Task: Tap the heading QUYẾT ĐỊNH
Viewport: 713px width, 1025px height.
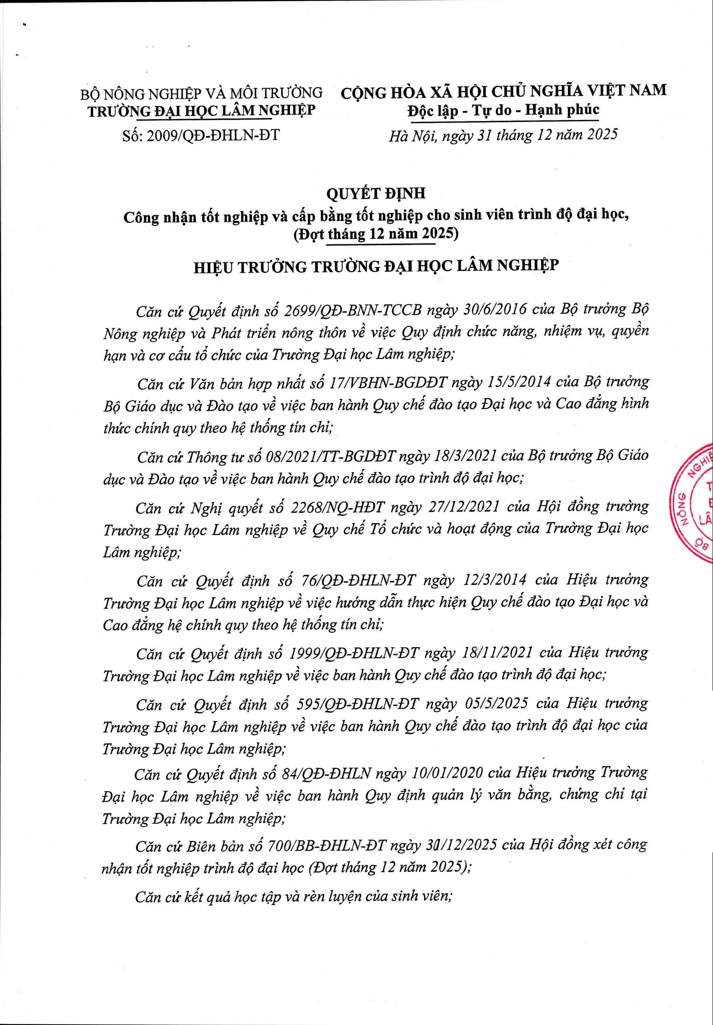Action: (x=375, y=193)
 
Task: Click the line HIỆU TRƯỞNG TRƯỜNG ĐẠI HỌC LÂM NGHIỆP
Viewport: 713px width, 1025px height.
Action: (x=375, y=266)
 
